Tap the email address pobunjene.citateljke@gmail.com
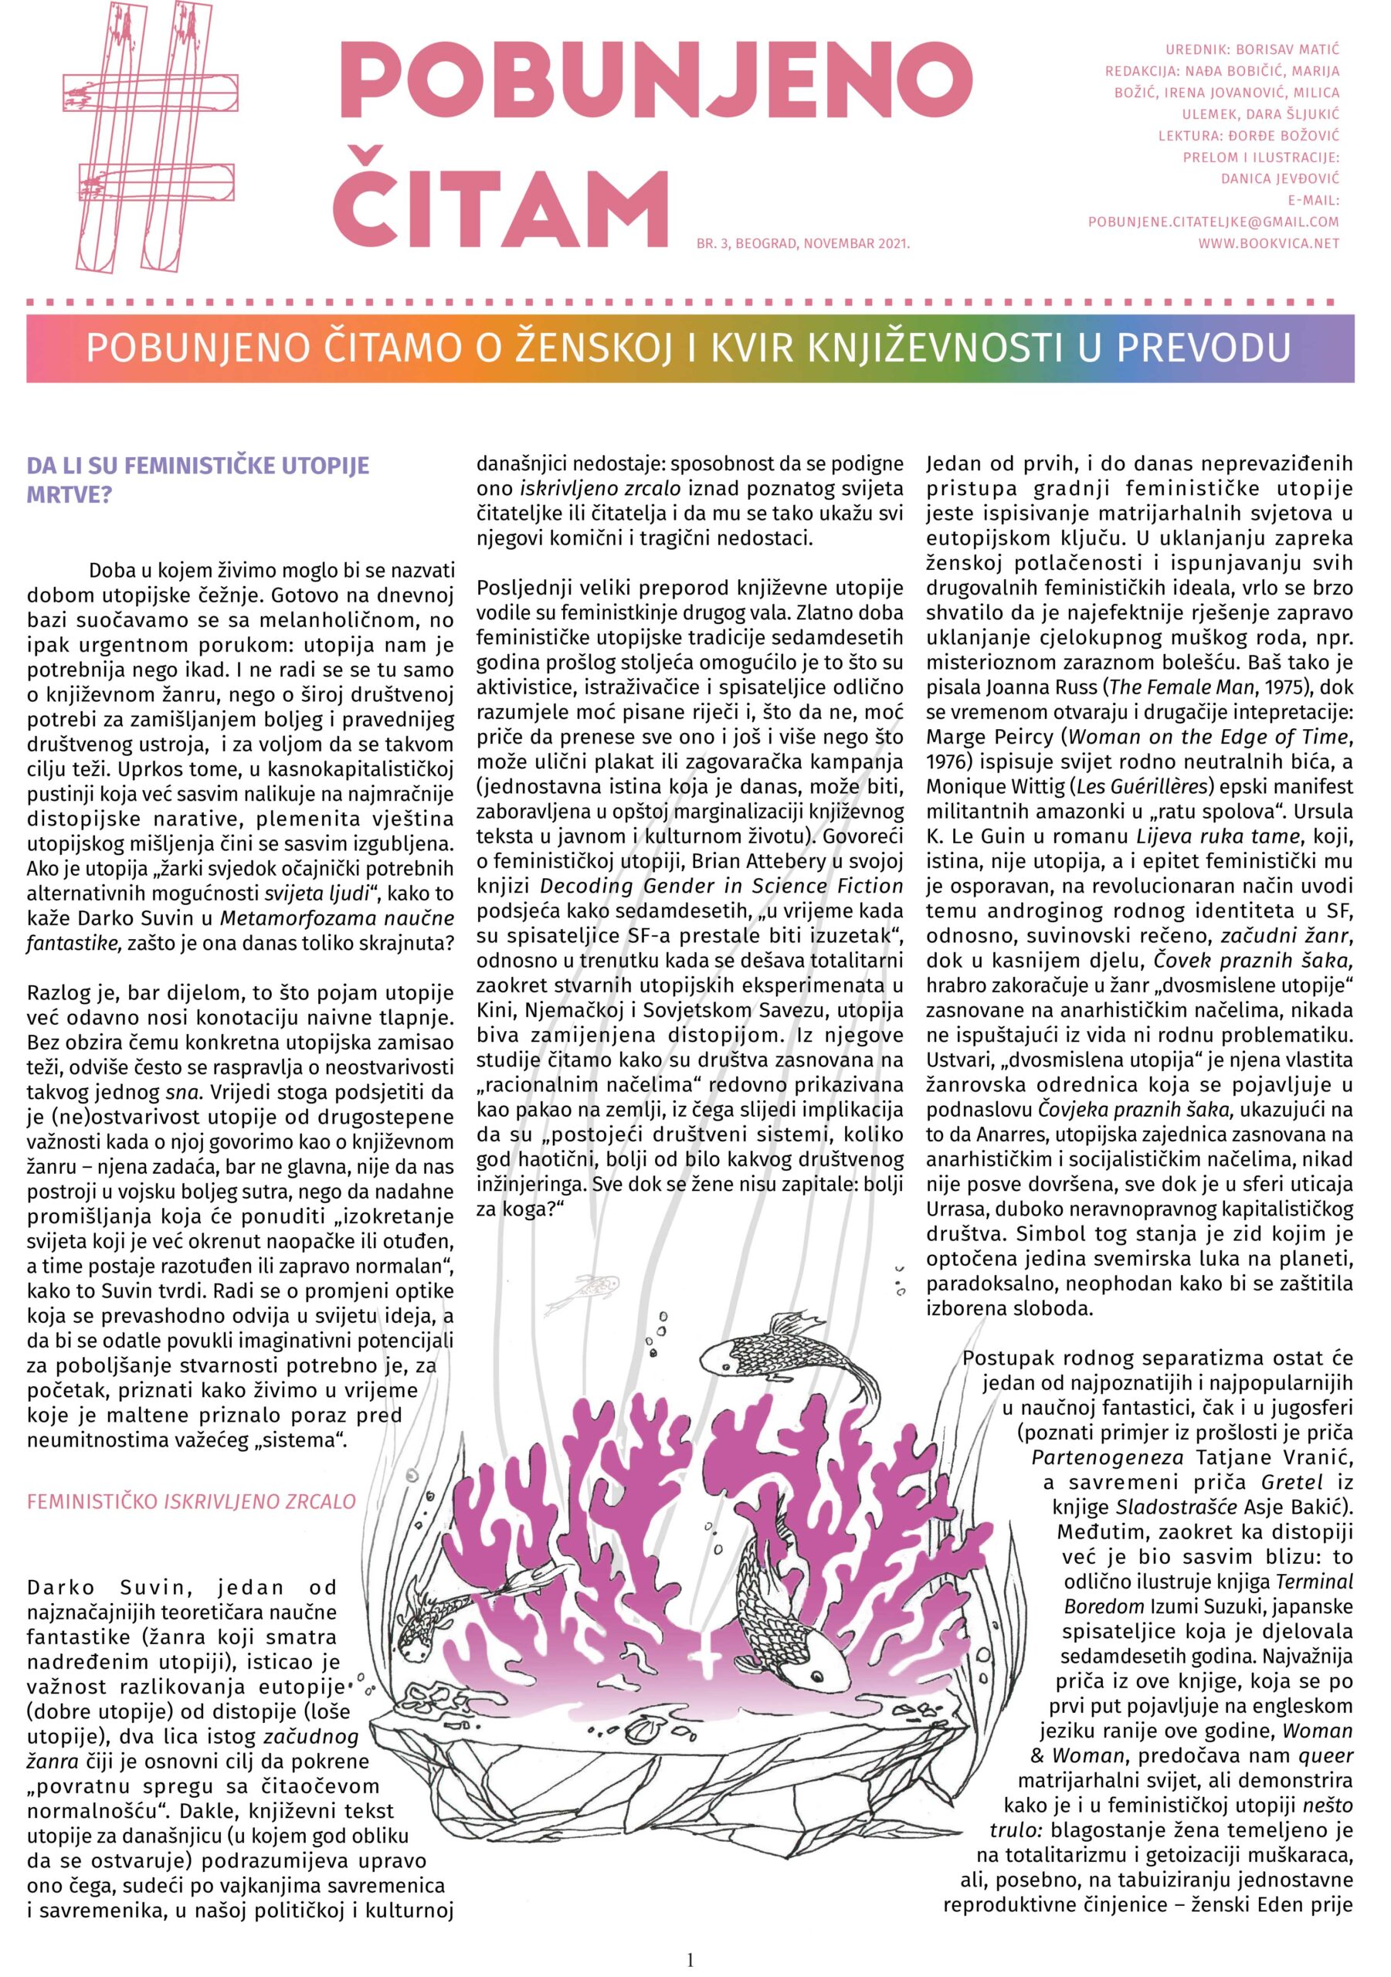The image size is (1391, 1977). click(x=1213, y=222)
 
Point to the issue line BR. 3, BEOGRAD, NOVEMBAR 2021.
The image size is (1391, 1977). click(x=802, y=245)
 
